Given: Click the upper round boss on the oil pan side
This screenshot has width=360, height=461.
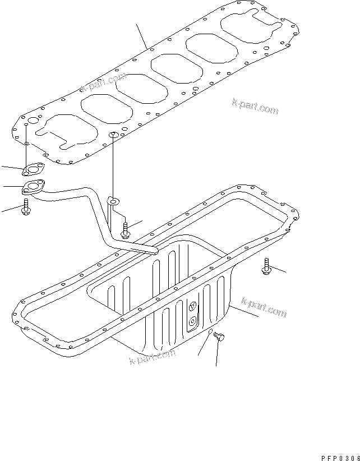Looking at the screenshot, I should pyautogui.click(x=192, y=306).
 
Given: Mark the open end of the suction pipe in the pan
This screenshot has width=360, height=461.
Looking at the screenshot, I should pyautogui.click(x=155, y=251).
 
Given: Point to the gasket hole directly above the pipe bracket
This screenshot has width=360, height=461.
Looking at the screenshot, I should pyautogui.click(x=113, y=135).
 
